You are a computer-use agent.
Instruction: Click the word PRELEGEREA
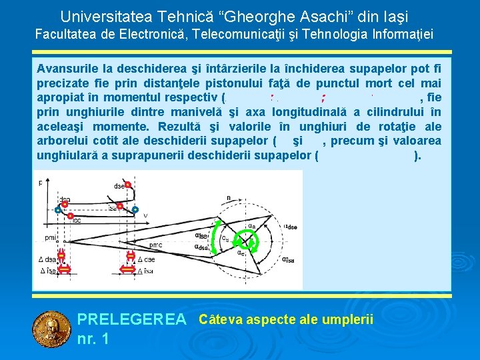pyautogui.click(x=132, y=320)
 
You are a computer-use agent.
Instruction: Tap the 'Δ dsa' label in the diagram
pyautogui.click(x=46, y=259)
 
